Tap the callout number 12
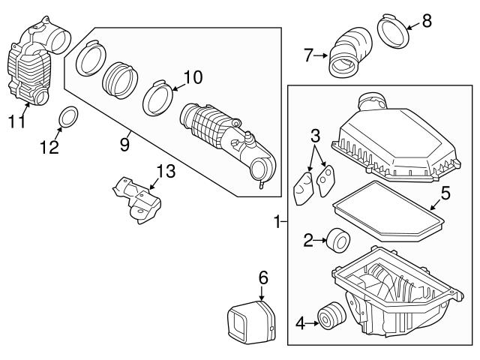pos(49,148)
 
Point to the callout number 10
pos(193,76)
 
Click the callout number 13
pos(165,172)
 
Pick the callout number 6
pos(262,277)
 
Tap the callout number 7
pos(307,54)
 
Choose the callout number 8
pos(427,20)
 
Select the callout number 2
pos(307,240)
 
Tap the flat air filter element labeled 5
pos(386,213)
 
